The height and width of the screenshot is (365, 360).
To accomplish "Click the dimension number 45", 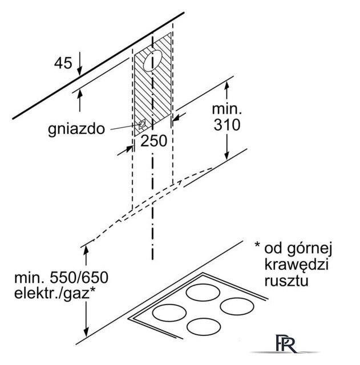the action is point(63,63).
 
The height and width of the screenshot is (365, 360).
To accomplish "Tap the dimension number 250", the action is point(153,141).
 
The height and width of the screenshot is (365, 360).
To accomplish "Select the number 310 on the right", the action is point(227,125).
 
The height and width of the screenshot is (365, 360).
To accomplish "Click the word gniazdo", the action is point(76,129).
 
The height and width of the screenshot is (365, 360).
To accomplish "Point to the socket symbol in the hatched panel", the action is point(142,124).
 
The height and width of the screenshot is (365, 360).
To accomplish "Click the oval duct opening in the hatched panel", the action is point(152,60).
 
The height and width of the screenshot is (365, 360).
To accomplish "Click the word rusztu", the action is point(286,281).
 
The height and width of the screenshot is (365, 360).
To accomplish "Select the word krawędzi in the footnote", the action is point(297,265).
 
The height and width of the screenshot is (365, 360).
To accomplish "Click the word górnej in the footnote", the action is point(310,249).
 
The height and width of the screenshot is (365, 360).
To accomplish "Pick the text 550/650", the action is point(79,278).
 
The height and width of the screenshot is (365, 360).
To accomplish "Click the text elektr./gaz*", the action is point(55,293).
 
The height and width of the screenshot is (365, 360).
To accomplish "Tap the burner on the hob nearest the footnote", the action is point(203,292).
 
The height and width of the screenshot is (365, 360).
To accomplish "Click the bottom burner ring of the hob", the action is point(204,327).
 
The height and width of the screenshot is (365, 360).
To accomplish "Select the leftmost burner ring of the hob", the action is point(169,313).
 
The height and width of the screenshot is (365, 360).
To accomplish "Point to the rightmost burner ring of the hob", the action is point(237,306).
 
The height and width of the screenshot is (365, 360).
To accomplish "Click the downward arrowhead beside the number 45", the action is point(80,71).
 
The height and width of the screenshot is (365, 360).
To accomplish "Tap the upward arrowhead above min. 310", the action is point(227,86).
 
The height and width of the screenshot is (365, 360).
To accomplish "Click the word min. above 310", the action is point(227,109).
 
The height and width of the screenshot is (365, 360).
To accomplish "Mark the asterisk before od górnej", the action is point(257,245).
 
